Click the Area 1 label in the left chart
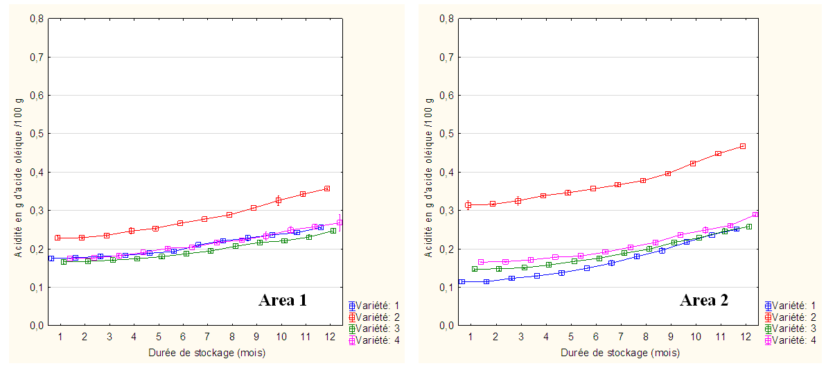pyautogui.click(x=282, y=301)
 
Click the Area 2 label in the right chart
pyautogui.click(x=703, y=301)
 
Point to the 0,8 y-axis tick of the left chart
pyautogui.click(x=37, y=19)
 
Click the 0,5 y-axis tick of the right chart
pyautogui.click(x=448, y=134)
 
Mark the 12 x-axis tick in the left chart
pyautogui.click(x=330, y=336)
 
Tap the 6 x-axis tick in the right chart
pyautogui.click(x=596, y=336)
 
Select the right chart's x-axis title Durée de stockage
pyautogui.click(x=621, y=353)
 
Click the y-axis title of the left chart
pyautogui.click(x=17, y=171)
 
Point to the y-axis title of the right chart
pyautogui.click(x=430, y=171)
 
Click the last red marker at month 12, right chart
pyautogui.click(x=743, y=146)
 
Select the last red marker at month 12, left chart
pyautogui.click(x=327, y=189)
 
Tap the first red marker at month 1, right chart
pyautogui.click(x=468, y=205)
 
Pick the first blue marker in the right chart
pyautogui.click(x=462, y=282)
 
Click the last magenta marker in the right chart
pyautogui.click(x=755, y=215)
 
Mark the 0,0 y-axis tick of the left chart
pyautogui.click(x=37, y=325)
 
